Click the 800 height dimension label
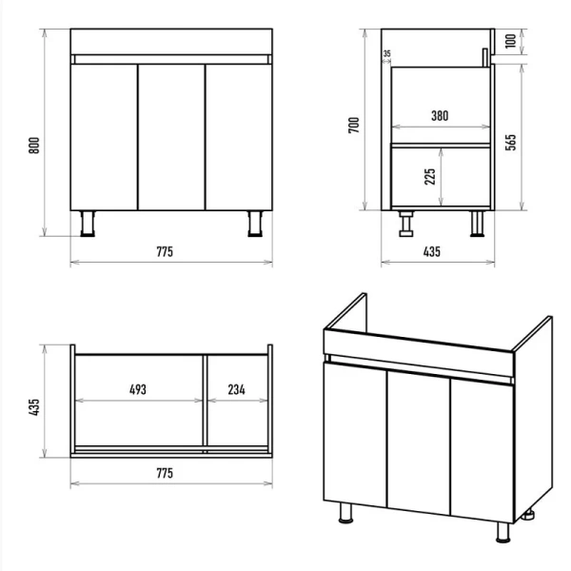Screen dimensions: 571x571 (34, 146)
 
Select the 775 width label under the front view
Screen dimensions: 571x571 (165, 251)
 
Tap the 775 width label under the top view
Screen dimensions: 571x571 (165, 473)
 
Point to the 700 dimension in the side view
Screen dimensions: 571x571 (354, 125)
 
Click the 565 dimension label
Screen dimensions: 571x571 (510, 142)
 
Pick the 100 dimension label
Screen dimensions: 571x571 (511, 40)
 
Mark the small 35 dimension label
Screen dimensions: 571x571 (386, 53)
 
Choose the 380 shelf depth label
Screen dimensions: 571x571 (440, 116)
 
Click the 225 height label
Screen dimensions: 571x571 (430, 177)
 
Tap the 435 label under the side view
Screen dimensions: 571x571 (431, 251)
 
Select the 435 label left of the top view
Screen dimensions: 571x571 (34, 407)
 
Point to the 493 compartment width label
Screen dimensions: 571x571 (138, 389)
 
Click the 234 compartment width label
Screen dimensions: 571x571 (236, 389)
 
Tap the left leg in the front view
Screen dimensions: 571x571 (88, 224)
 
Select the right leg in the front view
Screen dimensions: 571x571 (255, 224)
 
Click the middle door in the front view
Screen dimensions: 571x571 (171, 137)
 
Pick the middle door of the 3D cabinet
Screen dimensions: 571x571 (419, 443)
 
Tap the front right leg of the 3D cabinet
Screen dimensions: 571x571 (503, 532)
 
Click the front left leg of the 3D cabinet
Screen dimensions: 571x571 (345, 513)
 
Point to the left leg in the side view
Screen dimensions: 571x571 (406, 224)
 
